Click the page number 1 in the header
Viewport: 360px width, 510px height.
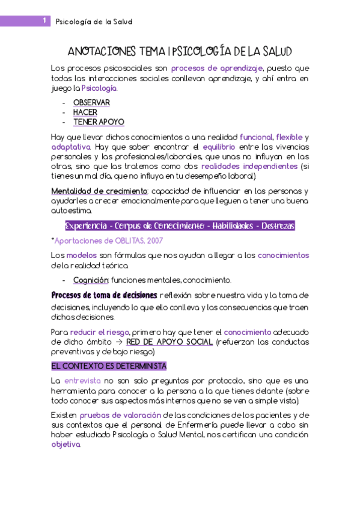coord(44,21)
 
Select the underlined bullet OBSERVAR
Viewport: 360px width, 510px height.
coord(91,103)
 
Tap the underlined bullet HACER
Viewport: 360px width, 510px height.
coord(85,112)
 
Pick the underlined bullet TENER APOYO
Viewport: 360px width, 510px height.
coord(99,122)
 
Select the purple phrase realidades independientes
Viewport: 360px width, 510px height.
coord(249,166)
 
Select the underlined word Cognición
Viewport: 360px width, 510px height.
coord(91,280)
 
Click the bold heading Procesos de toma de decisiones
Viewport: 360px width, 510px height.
coord(104,295)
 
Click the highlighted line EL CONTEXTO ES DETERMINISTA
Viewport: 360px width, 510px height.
coord(109,366)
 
